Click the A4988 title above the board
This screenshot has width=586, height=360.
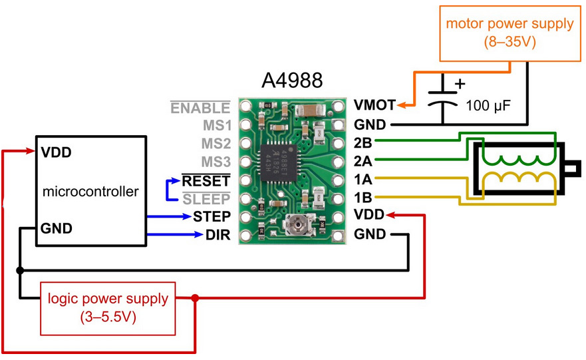pyautogui.click(x=292, y=80)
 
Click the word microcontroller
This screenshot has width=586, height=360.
pyautogui.click(x=90, y=192)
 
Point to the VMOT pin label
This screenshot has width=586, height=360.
pyautogui.click(x=374, y=105)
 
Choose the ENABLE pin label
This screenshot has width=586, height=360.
pyautogui.click(x=200, y=108)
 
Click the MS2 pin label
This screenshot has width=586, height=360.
pyautogui.click(x=216, y=144)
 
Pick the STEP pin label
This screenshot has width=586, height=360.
pyautogui.click(x=212, y=216)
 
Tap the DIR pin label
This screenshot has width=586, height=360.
pyautogui.click(x=218, y=235)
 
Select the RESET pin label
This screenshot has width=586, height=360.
pyautogui.click(x=206, y=181)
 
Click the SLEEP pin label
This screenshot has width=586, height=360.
pyautogui.click(x=206, y=199)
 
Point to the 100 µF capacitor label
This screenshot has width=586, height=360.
pyautogui.click(x=488, y=106)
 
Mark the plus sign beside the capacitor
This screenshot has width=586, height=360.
pyautogui.click(x=460, y=83)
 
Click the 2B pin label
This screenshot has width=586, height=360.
pyautogui.click(x=363, y=143)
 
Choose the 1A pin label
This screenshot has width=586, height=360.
pyautogui.click(x=363, y=180)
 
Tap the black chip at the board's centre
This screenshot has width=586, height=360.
pyautogui.click(x=279, y=162)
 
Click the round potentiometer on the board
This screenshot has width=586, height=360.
pyautogui.click(x=297, y=225)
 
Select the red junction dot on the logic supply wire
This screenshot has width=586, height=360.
pyautogui.click(x=195, y=298)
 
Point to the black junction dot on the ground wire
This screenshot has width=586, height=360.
pyautogui.click(x=20, y=270)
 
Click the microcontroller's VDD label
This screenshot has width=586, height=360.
pyautogui.click(x=56, y=152)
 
